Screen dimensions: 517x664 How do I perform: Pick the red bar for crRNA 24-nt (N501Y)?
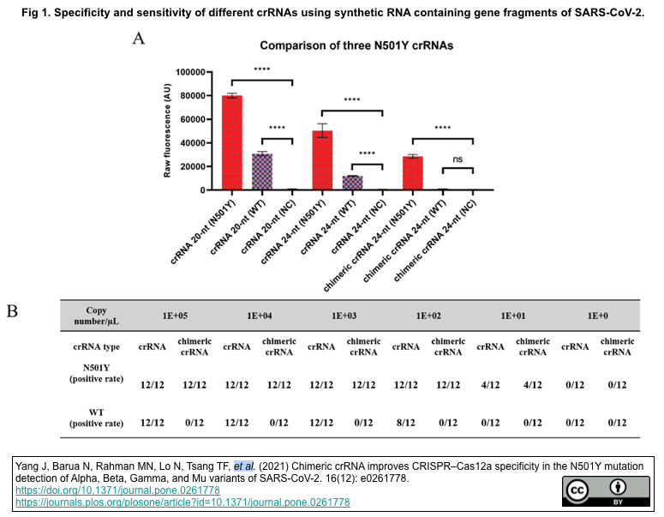pos(322,159)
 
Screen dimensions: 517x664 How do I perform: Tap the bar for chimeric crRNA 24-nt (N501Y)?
pos(413,172)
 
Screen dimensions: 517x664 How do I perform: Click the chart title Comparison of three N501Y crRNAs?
pos(356,45)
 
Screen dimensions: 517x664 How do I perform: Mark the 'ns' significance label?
pos(458,159)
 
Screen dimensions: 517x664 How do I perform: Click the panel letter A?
pos(139,38)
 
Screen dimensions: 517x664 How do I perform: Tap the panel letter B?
pos(12,310)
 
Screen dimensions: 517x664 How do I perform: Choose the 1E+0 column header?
pos(597,316)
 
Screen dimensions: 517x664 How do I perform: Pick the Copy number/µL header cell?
pos(95,316)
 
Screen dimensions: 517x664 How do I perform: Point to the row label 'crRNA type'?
pos(95,346)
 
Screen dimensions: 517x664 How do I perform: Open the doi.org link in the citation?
pos(117,490)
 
